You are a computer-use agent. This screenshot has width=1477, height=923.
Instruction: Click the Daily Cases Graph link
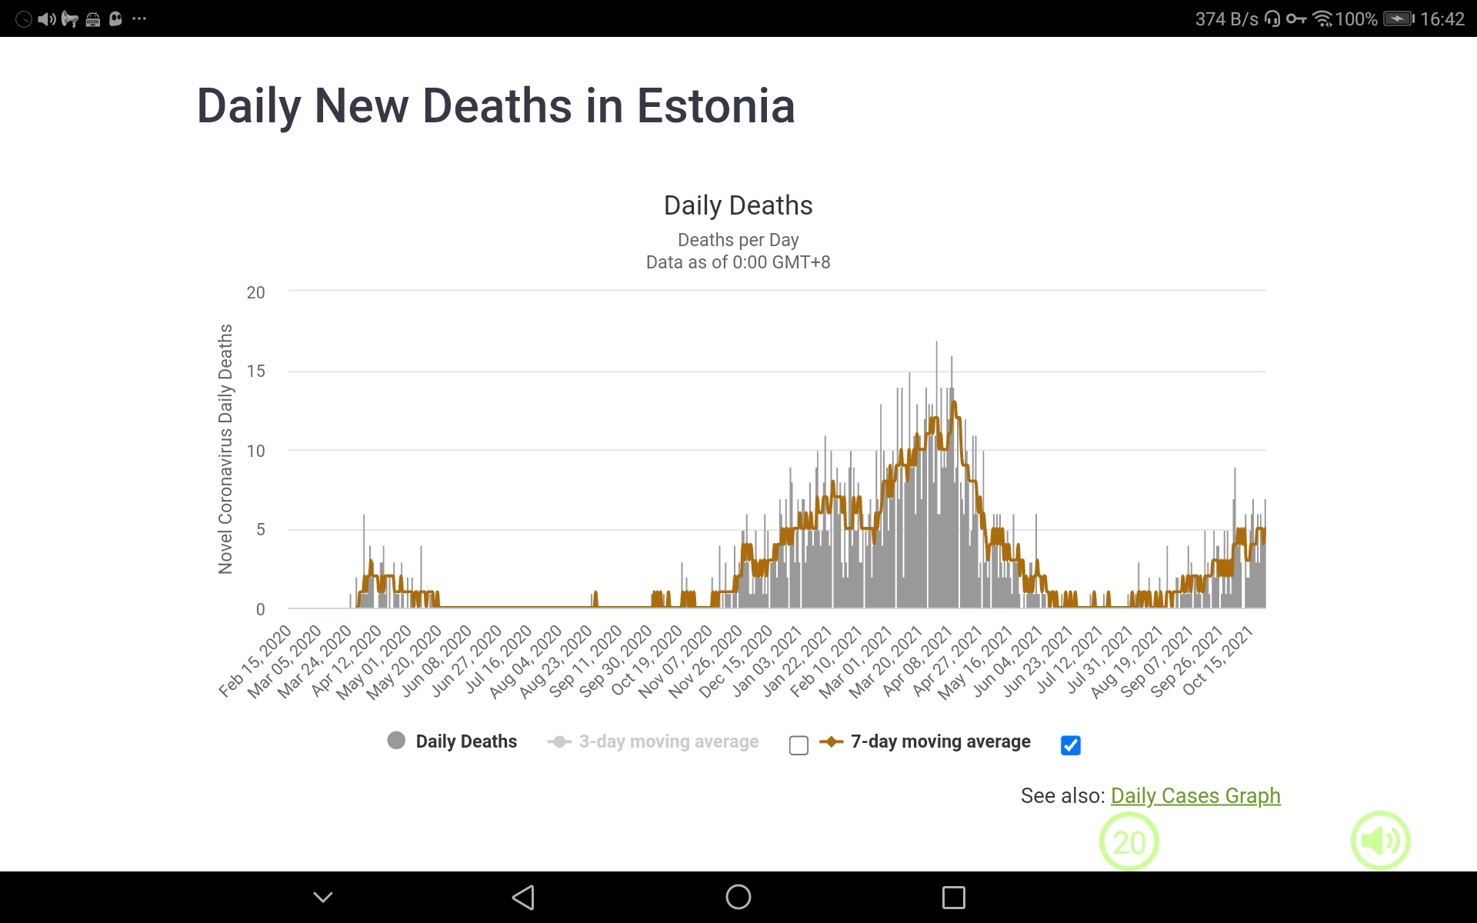(1195, 795)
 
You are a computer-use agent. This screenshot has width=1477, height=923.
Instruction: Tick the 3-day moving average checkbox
(799, 745)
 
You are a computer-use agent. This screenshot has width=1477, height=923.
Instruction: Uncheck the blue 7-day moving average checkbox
(1070, 745)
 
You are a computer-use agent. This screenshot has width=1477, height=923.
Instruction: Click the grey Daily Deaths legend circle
(396, 741)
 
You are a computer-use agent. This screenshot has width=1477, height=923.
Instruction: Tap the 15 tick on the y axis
(255, 372)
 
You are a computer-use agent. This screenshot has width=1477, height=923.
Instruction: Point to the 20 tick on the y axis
(255, 292)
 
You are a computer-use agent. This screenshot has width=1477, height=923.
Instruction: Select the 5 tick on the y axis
(260, 530)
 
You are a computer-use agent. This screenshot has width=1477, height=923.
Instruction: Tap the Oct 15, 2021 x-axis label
(1219, 661)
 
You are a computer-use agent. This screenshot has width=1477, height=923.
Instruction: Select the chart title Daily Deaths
(738, 205)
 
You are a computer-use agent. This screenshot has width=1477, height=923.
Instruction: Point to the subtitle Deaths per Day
(738, 240)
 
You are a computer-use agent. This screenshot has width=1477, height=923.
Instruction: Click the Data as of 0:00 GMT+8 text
(738, 262)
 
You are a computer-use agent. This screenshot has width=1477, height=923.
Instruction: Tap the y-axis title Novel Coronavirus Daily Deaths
(225, 448)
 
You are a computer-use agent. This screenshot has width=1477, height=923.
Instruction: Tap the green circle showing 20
(1129, 841)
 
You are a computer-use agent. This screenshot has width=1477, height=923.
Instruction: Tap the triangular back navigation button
(523, 897)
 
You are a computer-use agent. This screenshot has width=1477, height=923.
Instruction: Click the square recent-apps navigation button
(953, 897)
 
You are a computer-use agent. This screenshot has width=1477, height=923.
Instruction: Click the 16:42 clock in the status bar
(1442, 18)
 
